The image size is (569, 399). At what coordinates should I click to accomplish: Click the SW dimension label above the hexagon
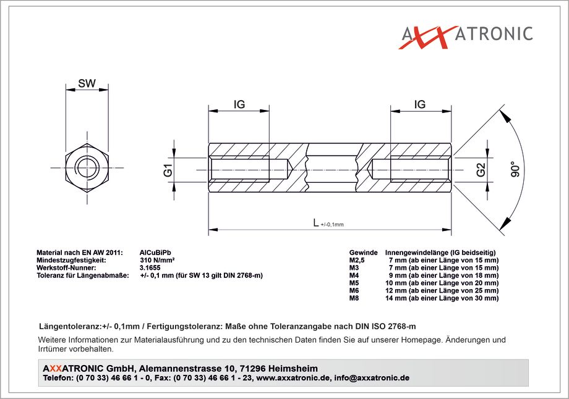pos(87,83)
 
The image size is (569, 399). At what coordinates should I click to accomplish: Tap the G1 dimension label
pos(168,170)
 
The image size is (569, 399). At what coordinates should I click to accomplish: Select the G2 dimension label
pos(481,170)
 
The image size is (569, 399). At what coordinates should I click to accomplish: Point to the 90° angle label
pos(515,169)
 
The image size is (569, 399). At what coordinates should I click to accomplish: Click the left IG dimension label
pos(239,104)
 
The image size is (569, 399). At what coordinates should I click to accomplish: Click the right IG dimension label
pos(419,104)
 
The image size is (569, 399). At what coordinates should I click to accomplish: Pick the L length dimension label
pos(316,222)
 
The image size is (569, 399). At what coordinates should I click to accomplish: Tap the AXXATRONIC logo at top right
pos(467,36)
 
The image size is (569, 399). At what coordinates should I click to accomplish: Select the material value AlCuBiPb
pos(155,253)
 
